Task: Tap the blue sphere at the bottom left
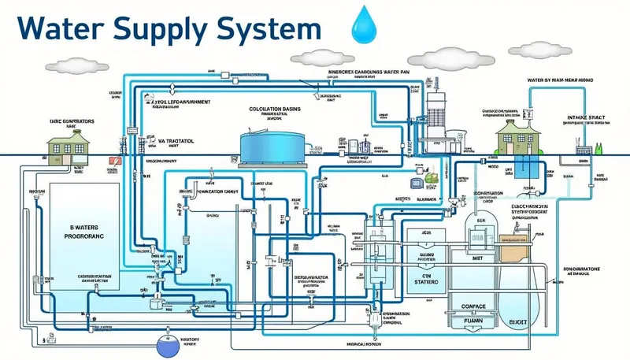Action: (168, 343)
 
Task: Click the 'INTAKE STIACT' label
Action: (587, 118)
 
